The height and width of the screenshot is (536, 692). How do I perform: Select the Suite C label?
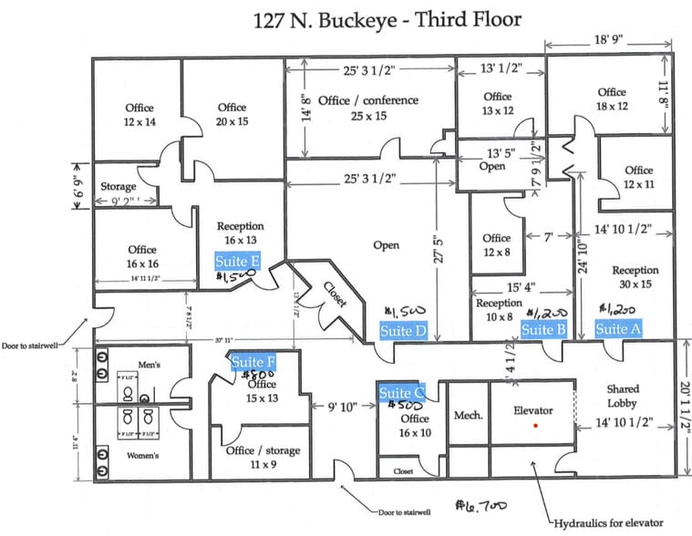[402, 393]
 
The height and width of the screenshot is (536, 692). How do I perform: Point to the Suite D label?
[403, 331]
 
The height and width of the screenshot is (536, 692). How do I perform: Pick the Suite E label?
[238, 261]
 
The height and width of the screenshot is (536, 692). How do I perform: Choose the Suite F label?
[253, 363]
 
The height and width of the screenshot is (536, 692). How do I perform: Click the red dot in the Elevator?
[537, 426]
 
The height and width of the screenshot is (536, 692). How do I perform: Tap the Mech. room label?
[468, 415]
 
